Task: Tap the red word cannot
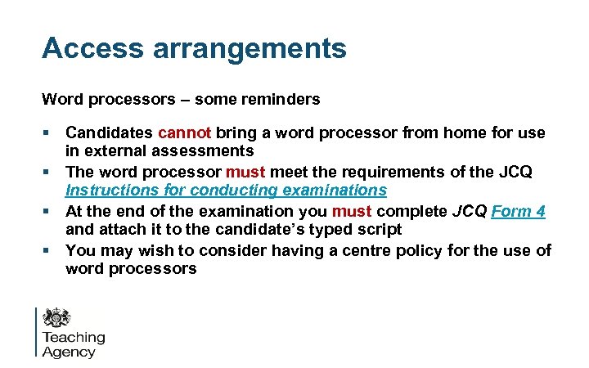coord(185,132)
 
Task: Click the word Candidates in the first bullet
coord(109,132)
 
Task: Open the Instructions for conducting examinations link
coord(226,191)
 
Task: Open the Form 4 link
coord(518,211)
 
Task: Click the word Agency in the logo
coord(69,352)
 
